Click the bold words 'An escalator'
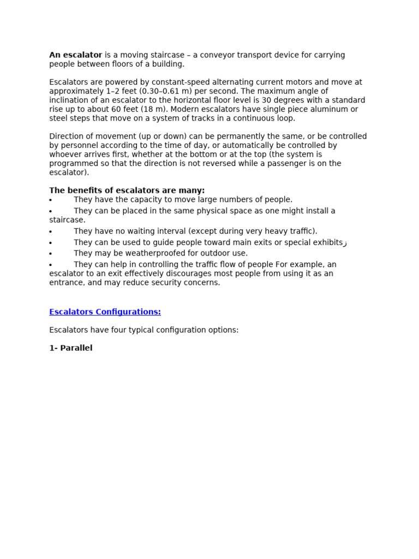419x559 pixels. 76,55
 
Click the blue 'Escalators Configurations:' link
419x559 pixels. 105,312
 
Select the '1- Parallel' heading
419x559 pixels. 71,348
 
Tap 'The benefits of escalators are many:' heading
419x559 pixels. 127,191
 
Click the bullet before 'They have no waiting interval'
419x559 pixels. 51,232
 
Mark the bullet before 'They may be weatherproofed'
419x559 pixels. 51,254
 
